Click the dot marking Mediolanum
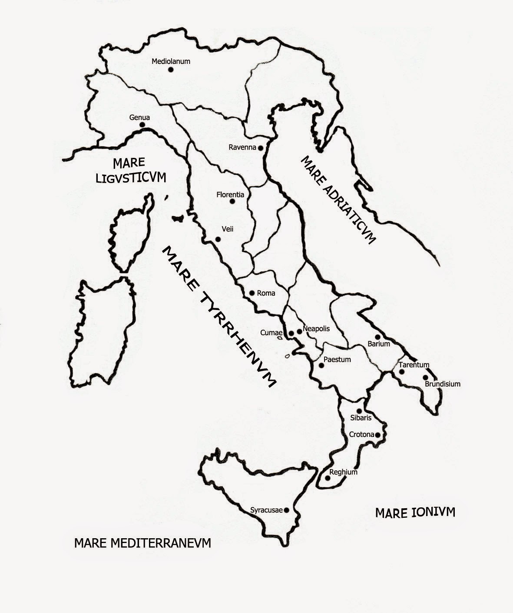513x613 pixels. coord(171,70)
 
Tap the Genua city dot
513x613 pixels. coord(142,125)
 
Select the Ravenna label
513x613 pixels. coord(242,147)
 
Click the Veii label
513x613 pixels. coord(228,229)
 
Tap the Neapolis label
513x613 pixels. coord(316,329)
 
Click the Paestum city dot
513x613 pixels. coord(321,365)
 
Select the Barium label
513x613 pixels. coord(379,344)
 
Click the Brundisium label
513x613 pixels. coord(442,384)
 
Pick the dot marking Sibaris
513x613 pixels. coord(359,411)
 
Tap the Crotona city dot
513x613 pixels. coord(378,435)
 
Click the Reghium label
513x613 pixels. coord(343,472)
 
